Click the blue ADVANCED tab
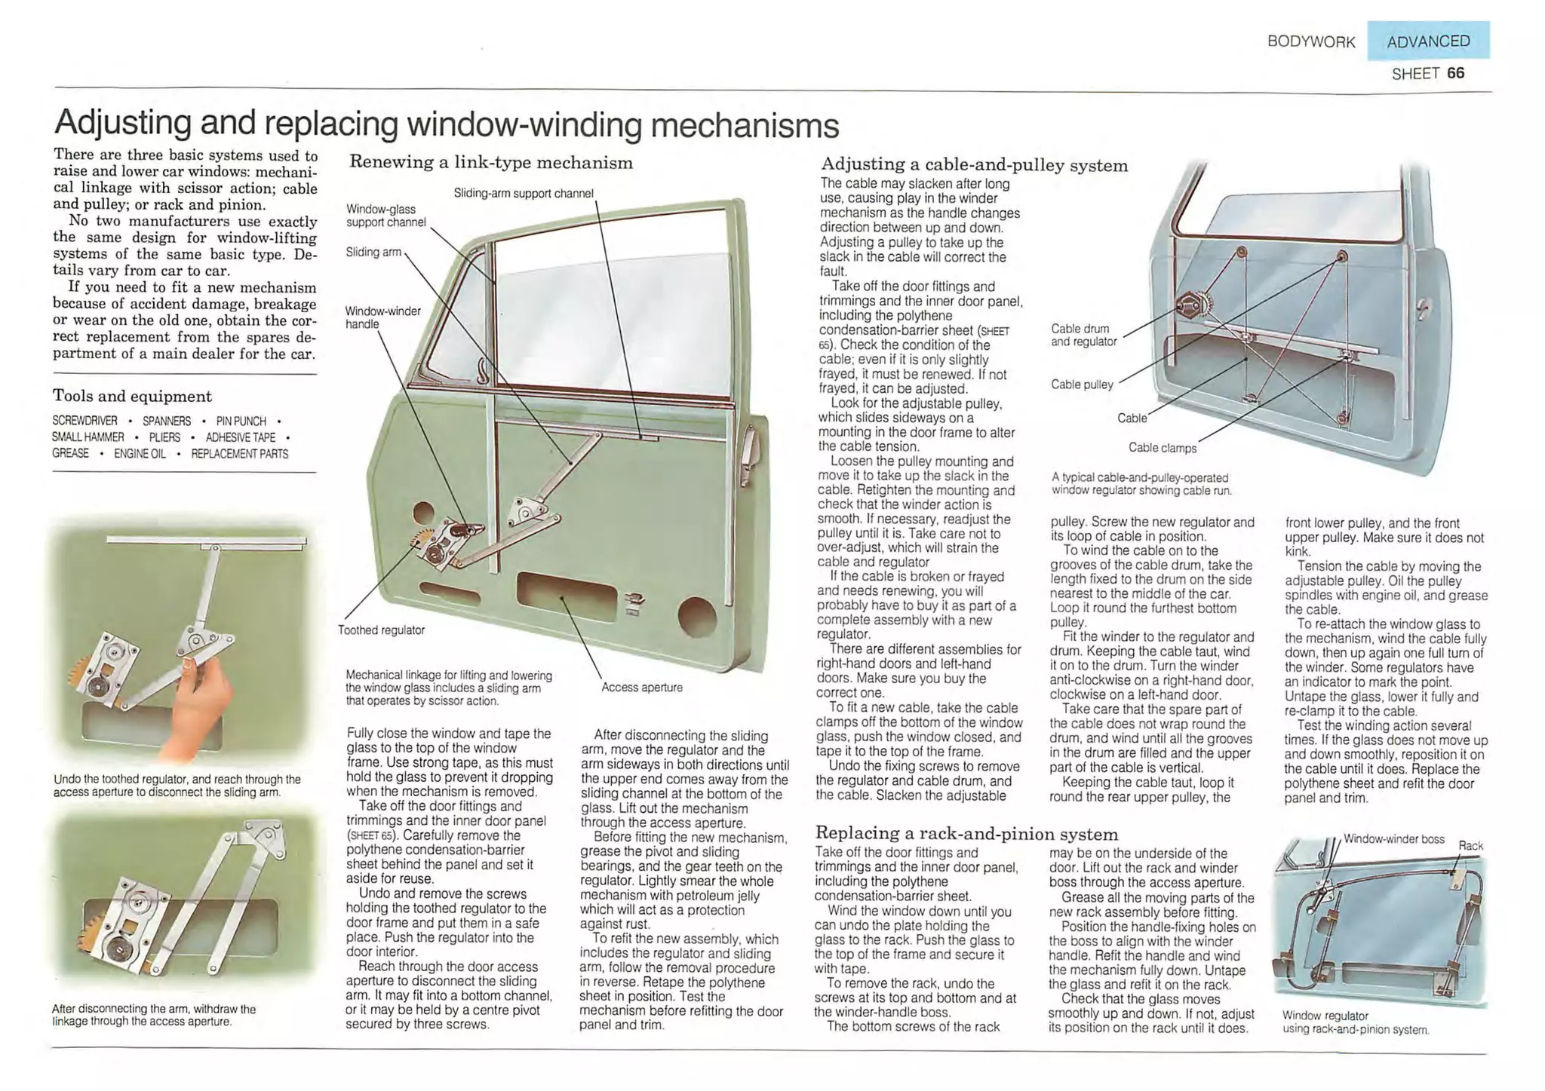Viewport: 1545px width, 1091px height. pyautogui.click(x=1427, y=41)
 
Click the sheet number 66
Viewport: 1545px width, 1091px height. pyautogui.click(x=1455, y=73)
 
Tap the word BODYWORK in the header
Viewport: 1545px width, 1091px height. pyautogui.click(x=1311, y=42)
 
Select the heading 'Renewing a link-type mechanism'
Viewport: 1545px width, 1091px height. pyautogui.click(x=490, y=163)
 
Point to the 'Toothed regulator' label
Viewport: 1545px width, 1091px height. pyautogui.click(x=381, y=630)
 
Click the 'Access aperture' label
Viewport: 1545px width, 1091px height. pyautogui.click(x=641, y=688)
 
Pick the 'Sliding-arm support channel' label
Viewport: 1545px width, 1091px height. pyautogui.click(x=524, y=194)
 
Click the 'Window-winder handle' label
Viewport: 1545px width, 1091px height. pyautogui.click(x=382, y=317)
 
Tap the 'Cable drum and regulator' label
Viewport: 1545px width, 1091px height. pyautogui.click(x=1083, y=336)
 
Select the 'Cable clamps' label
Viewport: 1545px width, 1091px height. pyautogui.click(x=1162, y=448)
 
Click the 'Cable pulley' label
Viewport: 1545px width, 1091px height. pyautogui.click(x=1082, y=385)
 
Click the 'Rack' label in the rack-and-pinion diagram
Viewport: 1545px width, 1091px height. pyautogui.click(x=1470, y=846)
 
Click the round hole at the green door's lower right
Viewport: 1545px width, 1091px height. pyautogui.click(x=696, y=616)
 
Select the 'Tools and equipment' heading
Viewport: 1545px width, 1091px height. pyautogui.click(x=132, y=397)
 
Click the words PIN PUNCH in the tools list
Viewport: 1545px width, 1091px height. pyautogui.click(x=241, y=421)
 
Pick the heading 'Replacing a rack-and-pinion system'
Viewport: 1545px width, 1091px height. pyautogui.click(x=966, y=834)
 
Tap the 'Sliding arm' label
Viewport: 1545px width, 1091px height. pyautogui.click(x=373, y=252)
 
